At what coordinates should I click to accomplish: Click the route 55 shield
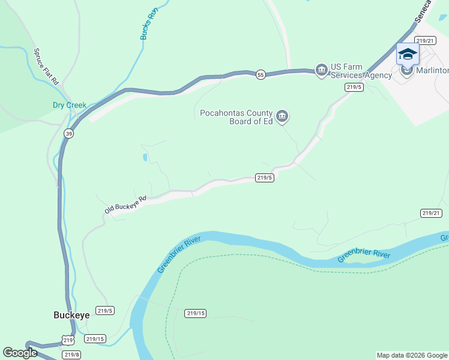(x=260, y=74)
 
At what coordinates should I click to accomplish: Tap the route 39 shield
(x=70, y=134)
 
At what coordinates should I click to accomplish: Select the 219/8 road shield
(x=71, y=355)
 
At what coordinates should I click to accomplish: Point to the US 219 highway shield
(x=69, y=341)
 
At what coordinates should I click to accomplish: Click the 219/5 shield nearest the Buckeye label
(x=105, y=310)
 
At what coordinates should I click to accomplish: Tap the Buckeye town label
(x=71, y=314)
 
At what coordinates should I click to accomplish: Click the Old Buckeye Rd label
(x=125, y=205)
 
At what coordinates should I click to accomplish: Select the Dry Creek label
(x=69, y=106)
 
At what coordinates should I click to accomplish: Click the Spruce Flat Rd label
(x=46, y=66)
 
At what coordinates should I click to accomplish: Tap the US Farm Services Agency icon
(x=321, y=71)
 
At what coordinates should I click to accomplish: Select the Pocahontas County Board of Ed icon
(x=282, y=115)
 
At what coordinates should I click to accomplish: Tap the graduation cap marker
(x=408, y=55)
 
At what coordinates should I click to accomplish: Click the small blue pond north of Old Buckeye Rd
(x=145, y=158)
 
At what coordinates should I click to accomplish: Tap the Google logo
(x=20, y=353)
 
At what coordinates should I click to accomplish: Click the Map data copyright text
(x=412, y=355)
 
